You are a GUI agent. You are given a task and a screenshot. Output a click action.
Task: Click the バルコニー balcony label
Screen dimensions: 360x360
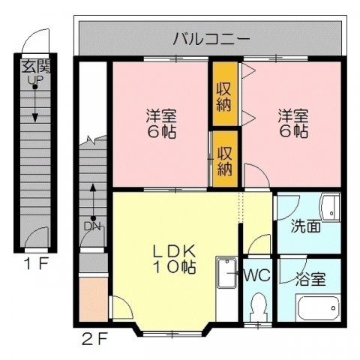211,37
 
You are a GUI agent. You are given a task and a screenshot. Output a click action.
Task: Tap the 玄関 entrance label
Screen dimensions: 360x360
34,65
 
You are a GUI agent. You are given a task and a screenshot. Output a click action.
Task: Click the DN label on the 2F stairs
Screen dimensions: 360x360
92,226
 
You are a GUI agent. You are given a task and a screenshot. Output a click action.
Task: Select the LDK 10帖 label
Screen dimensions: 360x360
175,259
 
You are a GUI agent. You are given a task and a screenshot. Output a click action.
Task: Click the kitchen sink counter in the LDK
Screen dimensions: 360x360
225,289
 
